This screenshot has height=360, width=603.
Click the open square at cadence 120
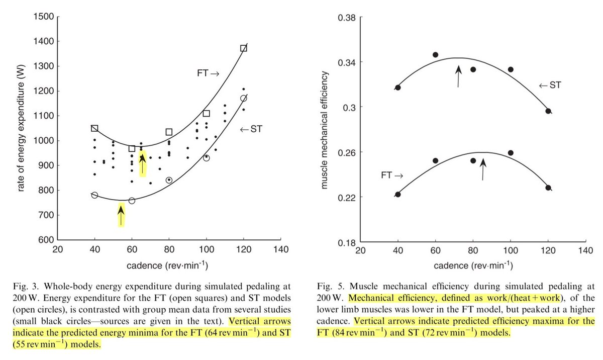tap(244, 48)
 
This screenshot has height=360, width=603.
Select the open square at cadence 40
tap(94, 129)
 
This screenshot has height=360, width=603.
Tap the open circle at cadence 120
tap(244, 98)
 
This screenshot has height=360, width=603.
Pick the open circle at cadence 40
tap(94, 195)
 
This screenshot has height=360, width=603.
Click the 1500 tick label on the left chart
tap(44, 17)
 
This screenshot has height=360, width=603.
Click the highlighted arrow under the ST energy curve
tap(121, 215)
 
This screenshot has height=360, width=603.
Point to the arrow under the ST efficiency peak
tap(458, 76)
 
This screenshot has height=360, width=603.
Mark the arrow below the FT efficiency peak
tap(483, 169)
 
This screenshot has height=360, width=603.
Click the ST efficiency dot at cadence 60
tap(436, 55)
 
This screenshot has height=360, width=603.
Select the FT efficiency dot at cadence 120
tap(548, 188)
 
